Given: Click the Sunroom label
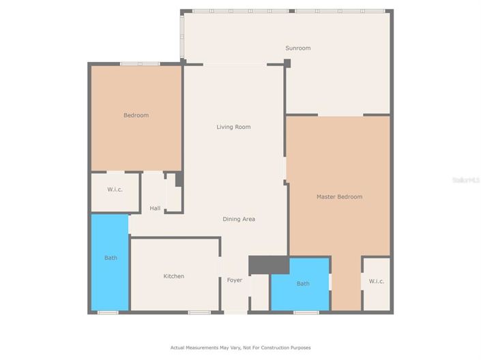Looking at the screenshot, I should (297, 48).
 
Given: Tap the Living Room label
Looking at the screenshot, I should (233, 127).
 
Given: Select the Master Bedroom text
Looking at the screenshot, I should (339, 196).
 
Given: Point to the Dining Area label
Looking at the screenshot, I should (239, 219).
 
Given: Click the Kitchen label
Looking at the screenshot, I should (173, 276).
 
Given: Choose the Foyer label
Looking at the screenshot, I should (234, 280).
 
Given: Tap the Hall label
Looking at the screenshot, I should (155, 208).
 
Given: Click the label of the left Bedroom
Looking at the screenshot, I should (136, 115).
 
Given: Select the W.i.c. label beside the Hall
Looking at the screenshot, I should (115, 190).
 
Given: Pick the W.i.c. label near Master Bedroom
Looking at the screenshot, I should (376, 281).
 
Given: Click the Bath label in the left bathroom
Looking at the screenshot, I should (111, 258).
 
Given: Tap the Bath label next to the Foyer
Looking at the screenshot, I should (303, 284).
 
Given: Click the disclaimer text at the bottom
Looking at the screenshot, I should (240, 348).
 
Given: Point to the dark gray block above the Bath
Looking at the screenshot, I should (269, 265).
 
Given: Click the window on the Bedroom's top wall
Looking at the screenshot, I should (140, 64).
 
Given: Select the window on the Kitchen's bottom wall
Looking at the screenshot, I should (199, 312).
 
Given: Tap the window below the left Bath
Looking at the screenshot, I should (108, 312).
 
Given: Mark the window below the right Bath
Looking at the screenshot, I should (306, 312).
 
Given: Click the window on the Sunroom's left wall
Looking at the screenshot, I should (181, 35).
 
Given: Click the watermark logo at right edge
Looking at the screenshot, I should (467, 180).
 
